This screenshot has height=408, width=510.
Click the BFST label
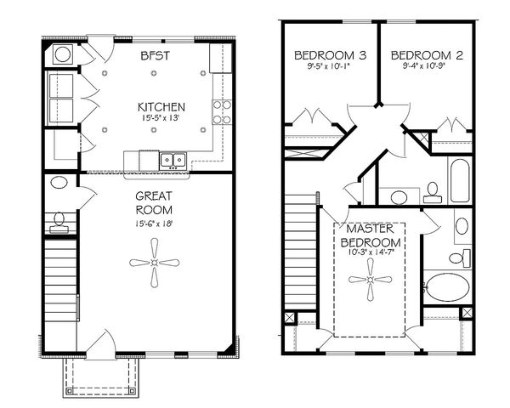tap(155, 55)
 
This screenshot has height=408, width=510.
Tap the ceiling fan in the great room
tap(154, 263)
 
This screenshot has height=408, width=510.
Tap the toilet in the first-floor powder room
tap(59, 221)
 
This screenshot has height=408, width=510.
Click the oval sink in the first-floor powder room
tap(60, 184)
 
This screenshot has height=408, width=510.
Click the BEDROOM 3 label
tap(330, 56)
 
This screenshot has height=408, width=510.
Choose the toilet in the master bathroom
tap(457, 258)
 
